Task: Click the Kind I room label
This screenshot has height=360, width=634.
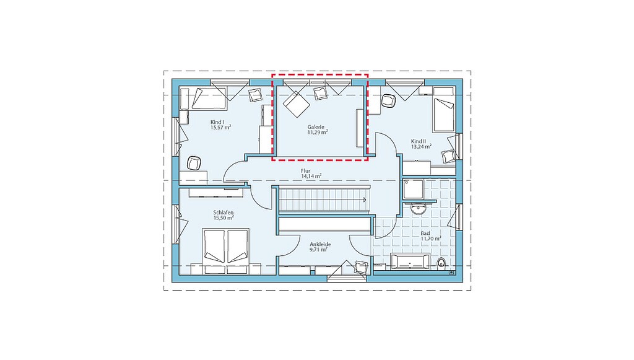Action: [217, 122]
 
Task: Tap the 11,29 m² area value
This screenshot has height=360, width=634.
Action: [318, 132]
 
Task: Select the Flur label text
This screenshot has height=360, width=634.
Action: [306, 171]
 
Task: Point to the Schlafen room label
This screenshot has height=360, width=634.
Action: [224, 213]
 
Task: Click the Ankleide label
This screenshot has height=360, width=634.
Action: [320, 244]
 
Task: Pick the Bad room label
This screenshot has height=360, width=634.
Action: [425, 234]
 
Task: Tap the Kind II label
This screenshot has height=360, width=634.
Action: [419, 141]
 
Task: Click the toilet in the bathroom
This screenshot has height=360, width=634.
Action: [441, 263]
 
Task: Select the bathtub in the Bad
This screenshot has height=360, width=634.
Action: [410, 261]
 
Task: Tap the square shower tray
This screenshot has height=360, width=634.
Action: [413, 190]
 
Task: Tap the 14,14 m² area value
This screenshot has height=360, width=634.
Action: [311, 177]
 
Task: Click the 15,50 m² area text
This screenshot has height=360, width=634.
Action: [224, 218]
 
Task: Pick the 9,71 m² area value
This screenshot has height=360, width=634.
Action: [318, 250]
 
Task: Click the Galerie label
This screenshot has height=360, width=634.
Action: [316, 127]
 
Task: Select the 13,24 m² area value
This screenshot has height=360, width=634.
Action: [421, 147]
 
